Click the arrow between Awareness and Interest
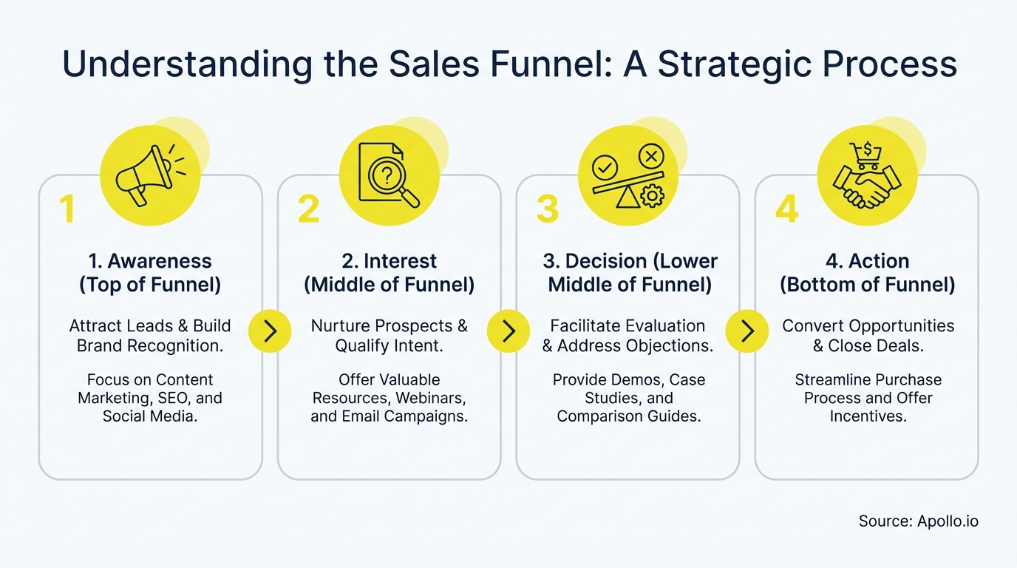270,331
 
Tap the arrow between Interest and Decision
508,331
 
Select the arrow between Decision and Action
747,331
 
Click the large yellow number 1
67,209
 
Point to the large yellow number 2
308,209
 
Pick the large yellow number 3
547,209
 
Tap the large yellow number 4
786,209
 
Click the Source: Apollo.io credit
918,521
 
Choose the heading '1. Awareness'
150,261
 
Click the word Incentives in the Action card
867,416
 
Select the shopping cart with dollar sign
865,155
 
